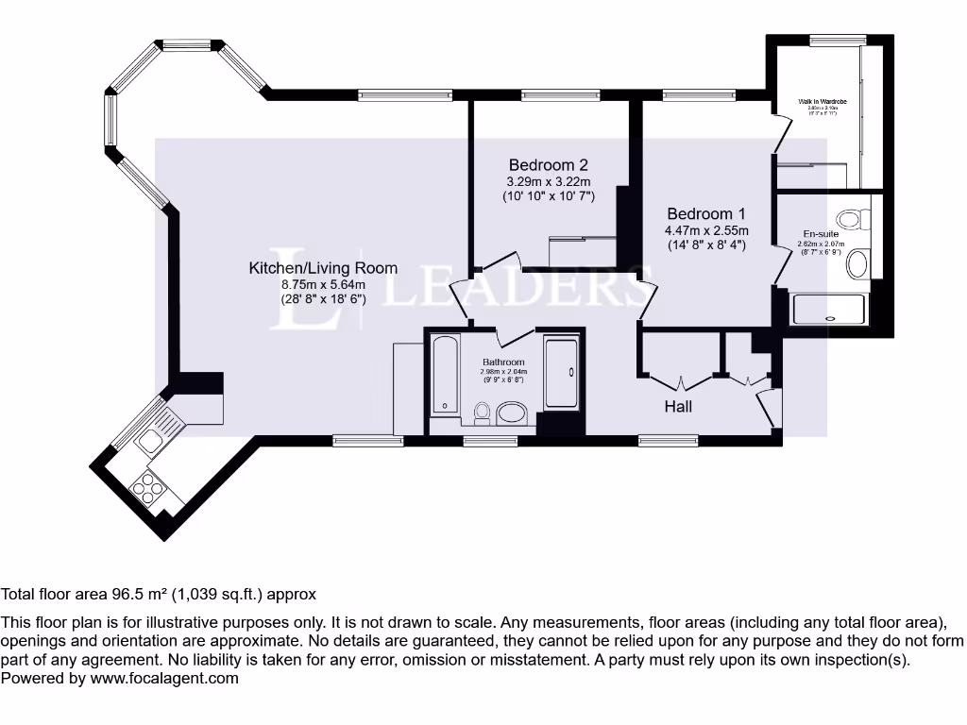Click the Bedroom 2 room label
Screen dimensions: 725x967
[548, 164]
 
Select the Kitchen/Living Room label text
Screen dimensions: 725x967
[323, 268]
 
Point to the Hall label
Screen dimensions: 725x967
[678, 406]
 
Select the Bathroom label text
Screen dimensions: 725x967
[503, 362]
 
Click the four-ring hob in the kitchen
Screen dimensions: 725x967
[148, 487]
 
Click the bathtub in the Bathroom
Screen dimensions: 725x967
[444, 376]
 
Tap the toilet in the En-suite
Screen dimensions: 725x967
[853, 220]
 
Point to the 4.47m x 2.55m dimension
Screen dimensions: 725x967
[706, 230]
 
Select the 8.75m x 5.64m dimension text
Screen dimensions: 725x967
[323, 284]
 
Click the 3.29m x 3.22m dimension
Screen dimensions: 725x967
[548, 181]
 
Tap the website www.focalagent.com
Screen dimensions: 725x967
[164, 678]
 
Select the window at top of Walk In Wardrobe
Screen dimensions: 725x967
[831, 40]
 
